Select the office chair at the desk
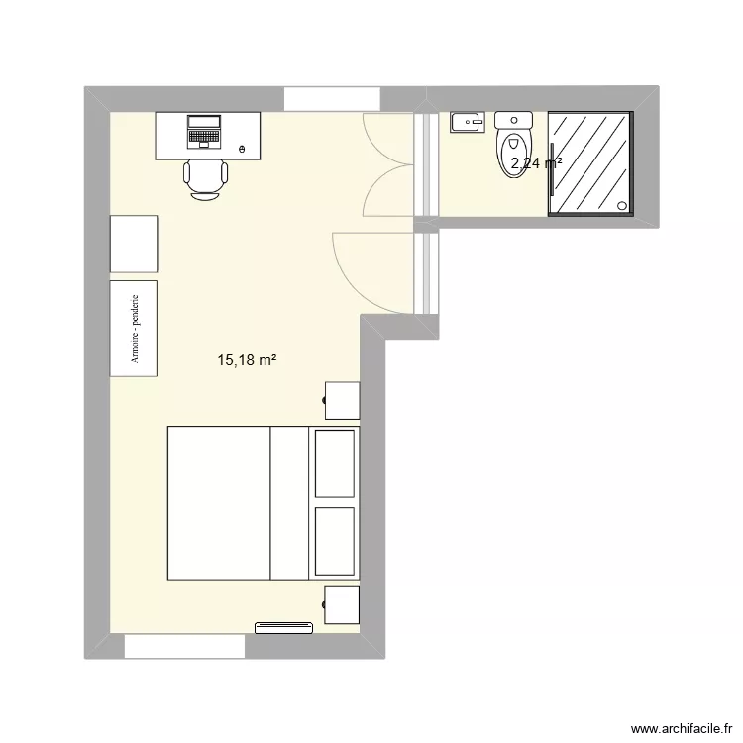click(206, 178)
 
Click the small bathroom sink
click(465, 123)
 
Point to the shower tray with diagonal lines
click(589, 162)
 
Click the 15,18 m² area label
click(247, 361)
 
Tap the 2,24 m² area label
click(536, 164)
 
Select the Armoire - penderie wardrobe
click(134, 329)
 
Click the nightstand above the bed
click(342, 400)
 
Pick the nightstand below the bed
click(342, 605)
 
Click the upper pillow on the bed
click(334, 464)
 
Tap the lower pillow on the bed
click(334, 541)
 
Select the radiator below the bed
click(284, 627)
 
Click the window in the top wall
click(333, 99)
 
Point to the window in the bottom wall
click(184, 646)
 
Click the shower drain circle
click(622, 206)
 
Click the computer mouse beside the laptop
click(243, 149)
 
